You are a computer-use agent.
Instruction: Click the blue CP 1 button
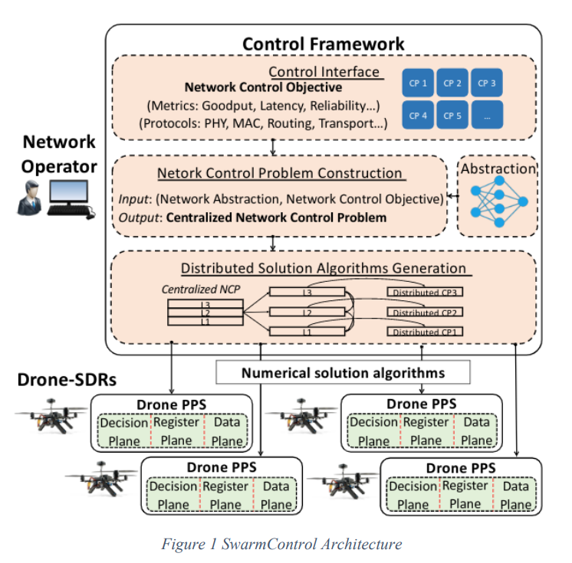click(x=418, y=83)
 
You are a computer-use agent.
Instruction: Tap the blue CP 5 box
click(x=452, y=115)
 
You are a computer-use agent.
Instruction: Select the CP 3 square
click(x=487, y=83)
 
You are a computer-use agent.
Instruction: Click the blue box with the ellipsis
click(x=487, y=115)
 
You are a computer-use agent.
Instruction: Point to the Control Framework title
click(x=324, y=44)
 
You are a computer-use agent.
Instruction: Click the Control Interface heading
click(x=324, y=72)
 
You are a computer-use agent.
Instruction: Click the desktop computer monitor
click(x=68, y=191)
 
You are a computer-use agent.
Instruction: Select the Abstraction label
click(x=498, y=169)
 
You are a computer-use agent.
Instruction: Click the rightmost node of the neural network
click(x=523, y=201)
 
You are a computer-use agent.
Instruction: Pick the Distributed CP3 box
click(x=425, y=292)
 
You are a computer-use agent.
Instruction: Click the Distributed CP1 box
click(x=425, y=332)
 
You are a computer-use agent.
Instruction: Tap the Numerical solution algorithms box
click(x=343, y=372)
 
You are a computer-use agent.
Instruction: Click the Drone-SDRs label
click(x=67, y=380)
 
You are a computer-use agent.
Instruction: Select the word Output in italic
click(x=140, y=218)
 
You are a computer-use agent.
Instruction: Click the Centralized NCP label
click(x=201, y=290)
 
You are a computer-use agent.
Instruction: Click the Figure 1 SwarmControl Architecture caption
click(x=281, y=544)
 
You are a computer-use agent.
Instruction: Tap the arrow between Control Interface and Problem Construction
click(x=272, y=147)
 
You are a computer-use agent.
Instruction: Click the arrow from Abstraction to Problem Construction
click(x=453, y=196)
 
